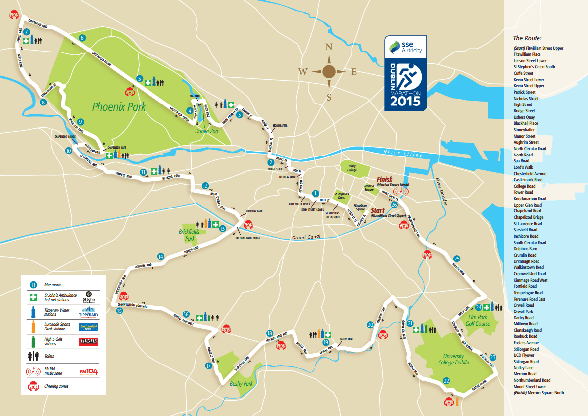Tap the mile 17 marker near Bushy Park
coord(208,366)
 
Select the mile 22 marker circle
coord(446,381)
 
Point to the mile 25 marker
coord(457,259)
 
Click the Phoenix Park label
coord(119,106)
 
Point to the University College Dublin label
coord(453,359)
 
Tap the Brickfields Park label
coord(188,235)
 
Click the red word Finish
coord(385,179)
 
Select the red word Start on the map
coord(378,211)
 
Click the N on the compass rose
coord(328,48)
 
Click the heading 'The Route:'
coord(527,38)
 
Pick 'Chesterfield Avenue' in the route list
coord(530,174)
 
